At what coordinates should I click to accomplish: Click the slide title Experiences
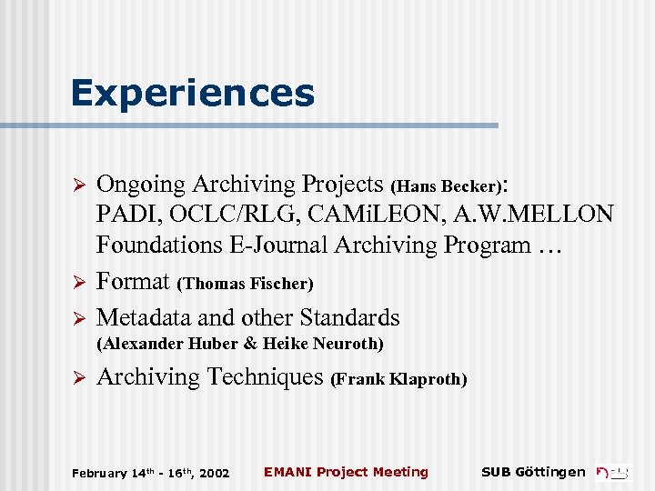193,94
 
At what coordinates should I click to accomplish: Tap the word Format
134,281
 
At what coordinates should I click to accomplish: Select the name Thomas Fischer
247,284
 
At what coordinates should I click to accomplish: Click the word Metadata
146,317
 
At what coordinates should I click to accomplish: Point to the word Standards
348,317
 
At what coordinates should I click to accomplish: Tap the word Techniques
266,376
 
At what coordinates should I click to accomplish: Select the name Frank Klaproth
399,379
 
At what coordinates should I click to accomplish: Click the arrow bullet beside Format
78,283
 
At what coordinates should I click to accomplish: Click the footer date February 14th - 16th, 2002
150,473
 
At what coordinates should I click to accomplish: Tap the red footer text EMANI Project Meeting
346,472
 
